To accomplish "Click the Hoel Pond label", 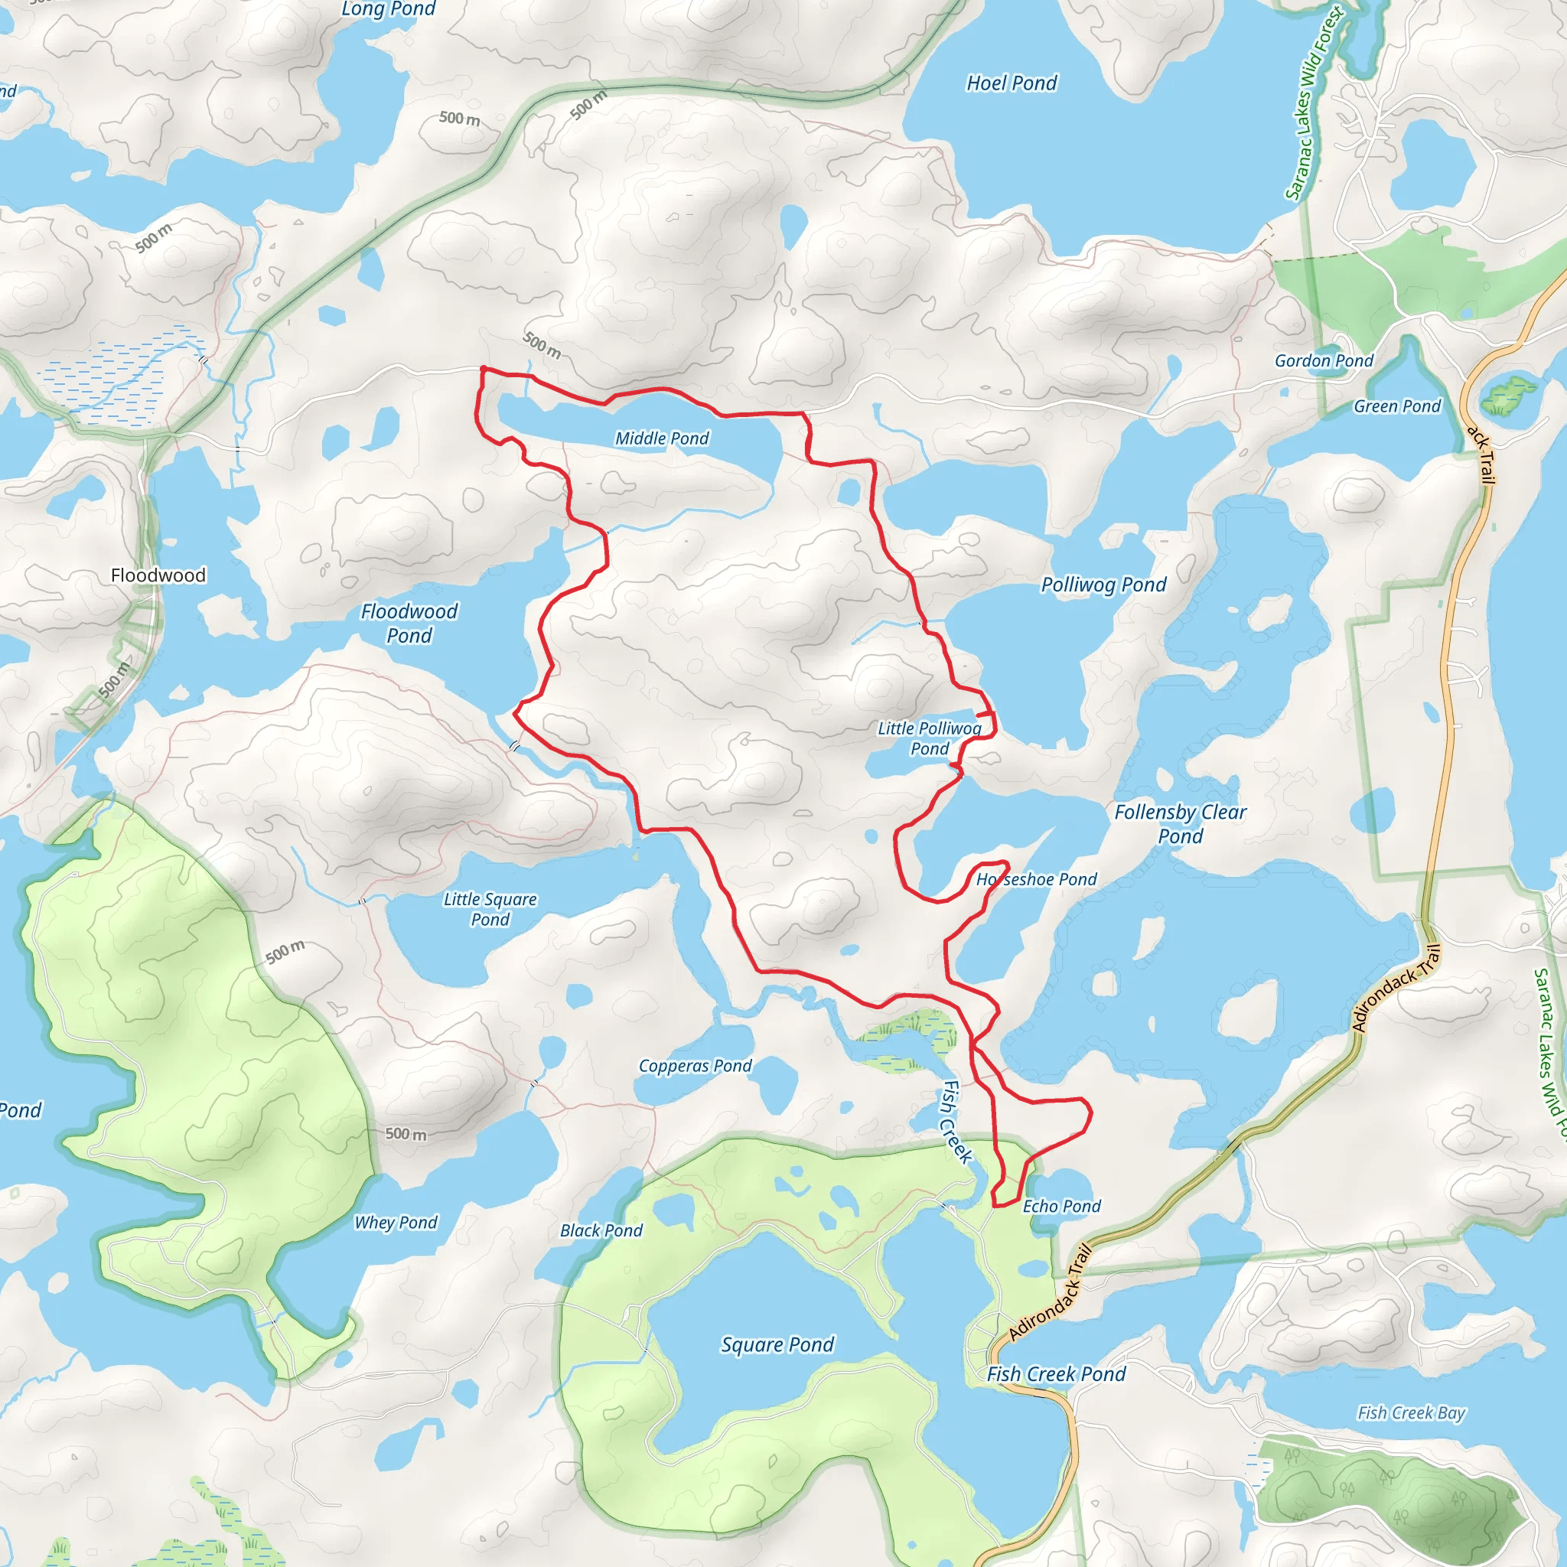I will [x=1012, y=83].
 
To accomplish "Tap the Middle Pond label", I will [x=662, y=438].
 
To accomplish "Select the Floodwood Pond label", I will [x=409, y=623].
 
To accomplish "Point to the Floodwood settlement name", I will [x=158, y=575].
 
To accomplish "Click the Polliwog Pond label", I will [x=1103, y=585].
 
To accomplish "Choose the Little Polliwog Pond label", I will [x=930, y=738].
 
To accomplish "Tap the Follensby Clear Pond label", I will [x=1180, y=823].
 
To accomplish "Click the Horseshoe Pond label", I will [x=1037, y=879].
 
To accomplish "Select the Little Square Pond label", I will [x=490, y=908].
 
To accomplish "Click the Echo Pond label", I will [x=1062, y=1206].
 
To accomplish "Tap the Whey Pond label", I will [x=396, y=1222].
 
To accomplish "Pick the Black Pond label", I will [x=601, y=1230].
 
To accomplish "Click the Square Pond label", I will [x=777, y=1345].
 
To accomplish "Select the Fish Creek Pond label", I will [x=1056, y=1374].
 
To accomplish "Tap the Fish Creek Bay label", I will [x=1411, y=1413].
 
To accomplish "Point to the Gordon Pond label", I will [x=1324, y=361].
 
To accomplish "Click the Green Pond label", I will [x=1396, y=406].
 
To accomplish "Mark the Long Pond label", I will [x=389, y=9].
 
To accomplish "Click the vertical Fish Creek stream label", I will [x=956, y=1122].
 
